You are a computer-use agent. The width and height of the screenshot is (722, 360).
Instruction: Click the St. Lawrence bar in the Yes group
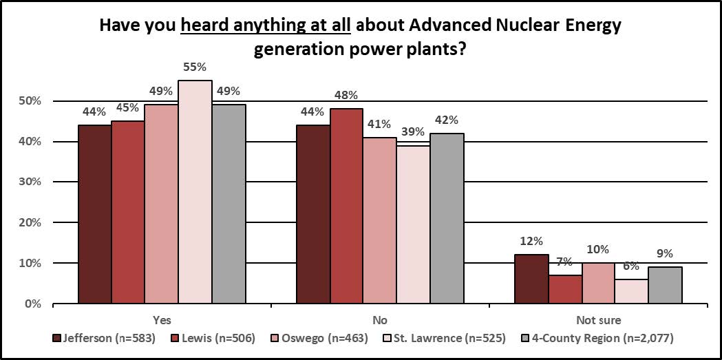point(195,192)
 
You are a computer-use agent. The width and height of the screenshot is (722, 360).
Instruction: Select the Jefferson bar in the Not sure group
point(532,279)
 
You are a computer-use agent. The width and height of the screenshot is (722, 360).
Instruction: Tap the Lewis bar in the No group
point(346,206)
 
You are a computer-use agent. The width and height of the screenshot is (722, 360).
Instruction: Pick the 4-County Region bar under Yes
point(229,204)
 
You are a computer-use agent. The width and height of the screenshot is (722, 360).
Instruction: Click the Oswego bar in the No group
point(380,220)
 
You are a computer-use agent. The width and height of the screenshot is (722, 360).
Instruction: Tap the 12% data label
point(532,241)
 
